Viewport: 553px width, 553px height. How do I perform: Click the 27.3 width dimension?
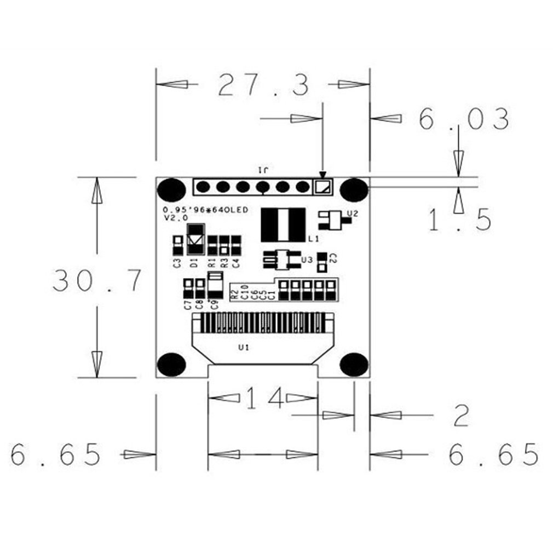tap(263, 85)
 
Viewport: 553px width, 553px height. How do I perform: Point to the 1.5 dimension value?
tap(459, 220)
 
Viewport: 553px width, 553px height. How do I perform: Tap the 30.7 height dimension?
tap(97, 280)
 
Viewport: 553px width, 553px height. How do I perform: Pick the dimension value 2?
tap(461, 416)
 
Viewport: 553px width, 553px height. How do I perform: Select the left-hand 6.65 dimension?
tap(56, 454)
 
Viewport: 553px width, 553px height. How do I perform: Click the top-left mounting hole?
tap(171, 190)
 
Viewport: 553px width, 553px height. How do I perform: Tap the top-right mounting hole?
tap(353, 189)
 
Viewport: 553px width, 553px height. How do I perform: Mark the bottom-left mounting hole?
tap(171, 364)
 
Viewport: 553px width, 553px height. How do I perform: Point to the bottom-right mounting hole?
tap(353, 364)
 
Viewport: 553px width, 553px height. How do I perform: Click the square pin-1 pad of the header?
tap(322, 187)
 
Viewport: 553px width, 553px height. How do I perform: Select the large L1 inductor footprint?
tap(283, 225)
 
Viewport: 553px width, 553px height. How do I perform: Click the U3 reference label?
tap(307, 260)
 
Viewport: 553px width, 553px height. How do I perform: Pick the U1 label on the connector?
tap(244, 347)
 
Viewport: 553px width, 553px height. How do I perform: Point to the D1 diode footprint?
tap(195, 239)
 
